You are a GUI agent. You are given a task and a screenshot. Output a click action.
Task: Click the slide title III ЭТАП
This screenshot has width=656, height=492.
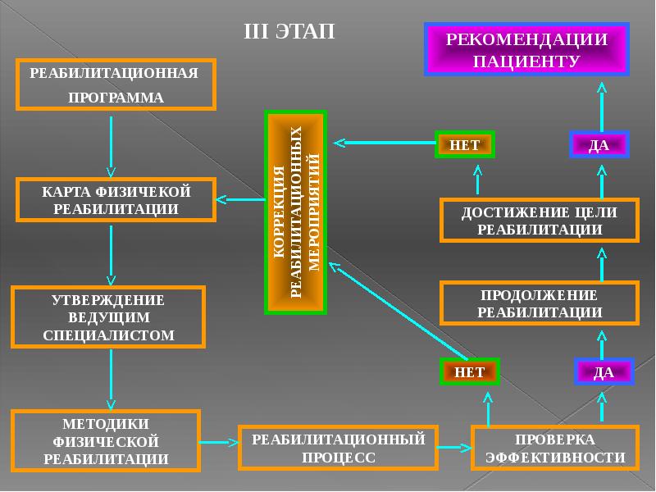[x=289, y=31]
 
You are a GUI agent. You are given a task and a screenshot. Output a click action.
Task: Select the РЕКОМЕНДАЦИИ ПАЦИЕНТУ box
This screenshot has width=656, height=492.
[x=526, y=50]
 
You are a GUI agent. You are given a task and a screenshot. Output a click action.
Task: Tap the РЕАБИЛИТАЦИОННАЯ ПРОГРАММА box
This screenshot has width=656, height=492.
[x=115, y=84]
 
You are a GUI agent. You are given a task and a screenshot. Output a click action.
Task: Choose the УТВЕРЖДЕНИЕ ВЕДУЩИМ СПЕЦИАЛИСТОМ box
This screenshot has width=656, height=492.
[x=107, y=317]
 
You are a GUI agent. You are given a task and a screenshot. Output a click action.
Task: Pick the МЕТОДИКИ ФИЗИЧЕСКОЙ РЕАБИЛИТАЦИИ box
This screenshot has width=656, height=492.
[x=106, y=441]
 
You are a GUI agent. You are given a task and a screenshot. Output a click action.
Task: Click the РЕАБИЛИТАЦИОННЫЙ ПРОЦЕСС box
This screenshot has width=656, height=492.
[x=338, y=448]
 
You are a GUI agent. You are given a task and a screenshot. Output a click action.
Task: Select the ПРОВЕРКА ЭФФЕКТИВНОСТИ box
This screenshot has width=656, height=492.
[x=555, y=448]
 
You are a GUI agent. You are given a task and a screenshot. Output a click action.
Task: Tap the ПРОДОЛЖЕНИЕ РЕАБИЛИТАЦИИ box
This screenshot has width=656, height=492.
[x=539, y=303]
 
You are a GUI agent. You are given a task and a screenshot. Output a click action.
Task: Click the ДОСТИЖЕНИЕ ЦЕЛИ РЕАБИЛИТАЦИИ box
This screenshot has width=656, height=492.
[x=539, y=220]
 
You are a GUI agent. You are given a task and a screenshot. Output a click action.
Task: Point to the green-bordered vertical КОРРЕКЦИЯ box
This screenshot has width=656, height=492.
[x=295, y=212]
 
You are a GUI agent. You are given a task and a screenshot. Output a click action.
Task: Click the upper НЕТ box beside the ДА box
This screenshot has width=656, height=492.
[x=465, y=144]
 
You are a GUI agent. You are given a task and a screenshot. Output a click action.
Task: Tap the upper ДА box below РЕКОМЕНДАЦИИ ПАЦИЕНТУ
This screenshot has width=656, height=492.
[x=599, y=144]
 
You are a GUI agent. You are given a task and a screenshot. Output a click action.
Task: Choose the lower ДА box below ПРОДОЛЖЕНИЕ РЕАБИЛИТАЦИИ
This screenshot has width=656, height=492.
[x=604, y=371]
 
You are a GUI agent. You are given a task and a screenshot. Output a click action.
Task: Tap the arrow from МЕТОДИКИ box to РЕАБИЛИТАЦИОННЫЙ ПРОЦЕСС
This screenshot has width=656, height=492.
[x=219, y=443]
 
